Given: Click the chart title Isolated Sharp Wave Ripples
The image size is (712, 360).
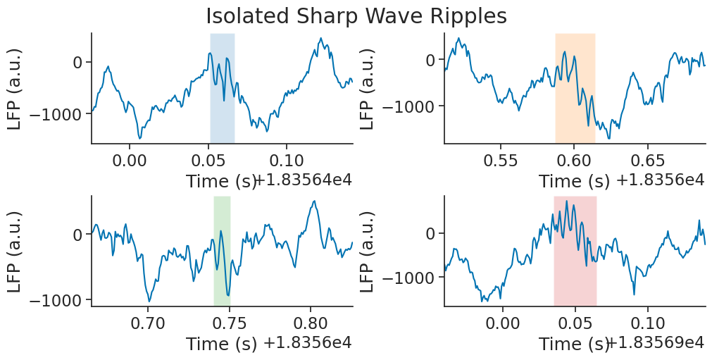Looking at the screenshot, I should [356, 15].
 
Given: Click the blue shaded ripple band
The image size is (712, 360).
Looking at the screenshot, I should [222, 88].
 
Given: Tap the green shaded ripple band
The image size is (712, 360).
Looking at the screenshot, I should [222, 251].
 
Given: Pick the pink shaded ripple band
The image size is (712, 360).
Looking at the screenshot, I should [575, 251].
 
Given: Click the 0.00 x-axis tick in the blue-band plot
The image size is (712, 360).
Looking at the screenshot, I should [131, 156].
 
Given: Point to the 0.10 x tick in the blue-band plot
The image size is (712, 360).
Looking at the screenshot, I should [287, 156].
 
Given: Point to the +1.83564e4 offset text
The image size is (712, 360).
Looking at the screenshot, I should [303, 180].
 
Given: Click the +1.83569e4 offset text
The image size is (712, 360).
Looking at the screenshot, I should [655, 343].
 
